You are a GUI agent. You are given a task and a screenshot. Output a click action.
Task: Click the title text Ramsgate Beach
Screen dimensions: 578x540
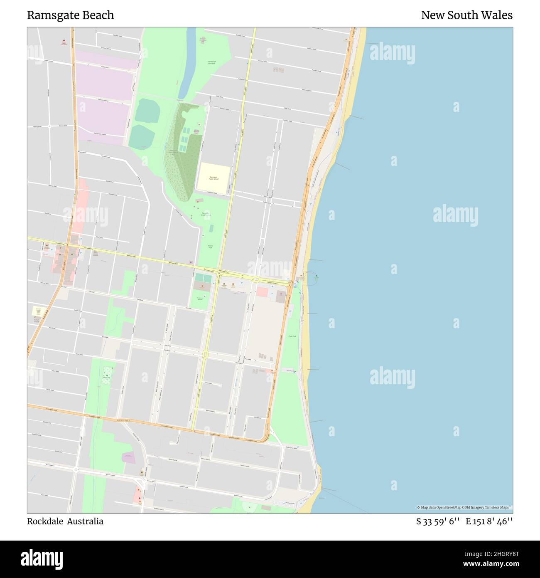click(x=71, y=15)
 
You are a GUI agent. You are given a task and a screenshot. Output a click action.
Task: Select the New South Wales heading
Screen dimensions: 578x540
click(x=466, y=15)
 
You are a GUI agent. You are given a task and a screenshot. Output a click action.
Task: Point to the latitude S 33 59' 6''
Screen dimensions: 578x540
click(x=438, y=521)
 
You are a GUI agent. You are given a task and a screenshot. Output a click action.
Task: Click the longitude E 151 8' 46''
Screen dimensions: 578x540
click(x=489, y=521)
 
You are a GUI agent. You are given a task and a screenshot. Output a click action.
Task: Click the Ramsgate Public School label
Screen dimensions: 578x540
click(x=214, y=178)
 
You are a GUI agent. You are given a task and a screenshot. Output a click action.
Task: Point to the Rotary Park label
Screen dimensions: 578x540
click(x=210, y=247)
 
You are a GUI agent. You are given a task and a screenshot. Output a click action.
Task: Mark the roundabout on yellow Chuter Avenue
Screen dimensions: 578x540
click(x=205, y=354)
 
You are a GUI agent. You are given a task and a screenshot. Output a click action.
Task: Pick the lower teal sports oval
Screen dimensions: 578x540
click(x=142, y=136)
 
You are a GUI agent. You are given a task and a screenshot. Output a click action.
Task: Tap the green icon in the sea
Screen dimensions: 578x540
click(x=316, y=276)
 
